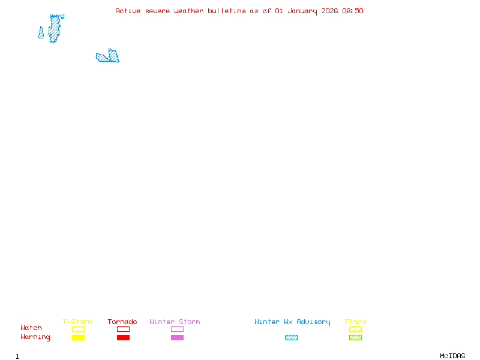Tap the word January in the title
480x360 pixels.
(302, 11)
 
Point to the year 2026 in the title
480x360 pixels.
(330, 11)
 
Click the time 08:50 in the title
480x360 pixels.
(353, 11)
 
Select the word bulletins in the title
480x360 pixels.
(227, 11)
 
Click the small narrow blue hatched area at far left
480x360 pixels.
(41, 33)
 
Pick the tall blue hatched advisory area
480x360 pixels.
(55, 28)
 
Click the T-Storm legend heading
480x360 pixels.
(77, 322)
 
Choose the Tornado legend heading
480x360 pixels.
(122, 322)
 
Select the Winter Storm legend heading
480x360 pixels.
(175, 322)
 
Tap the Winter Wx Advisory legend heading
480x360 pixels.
(292, 322)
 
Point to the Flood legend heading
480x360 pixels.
(355, 322)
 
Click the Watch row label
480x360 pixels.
(31, 328)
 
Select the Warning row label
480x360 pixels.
(35, 337)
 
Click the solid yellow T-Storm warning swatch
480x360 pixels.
(78, 338)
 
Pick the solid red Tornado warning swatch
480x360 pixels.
(123, 338)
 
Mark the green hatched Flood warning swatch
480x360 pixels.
(355, 338)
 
